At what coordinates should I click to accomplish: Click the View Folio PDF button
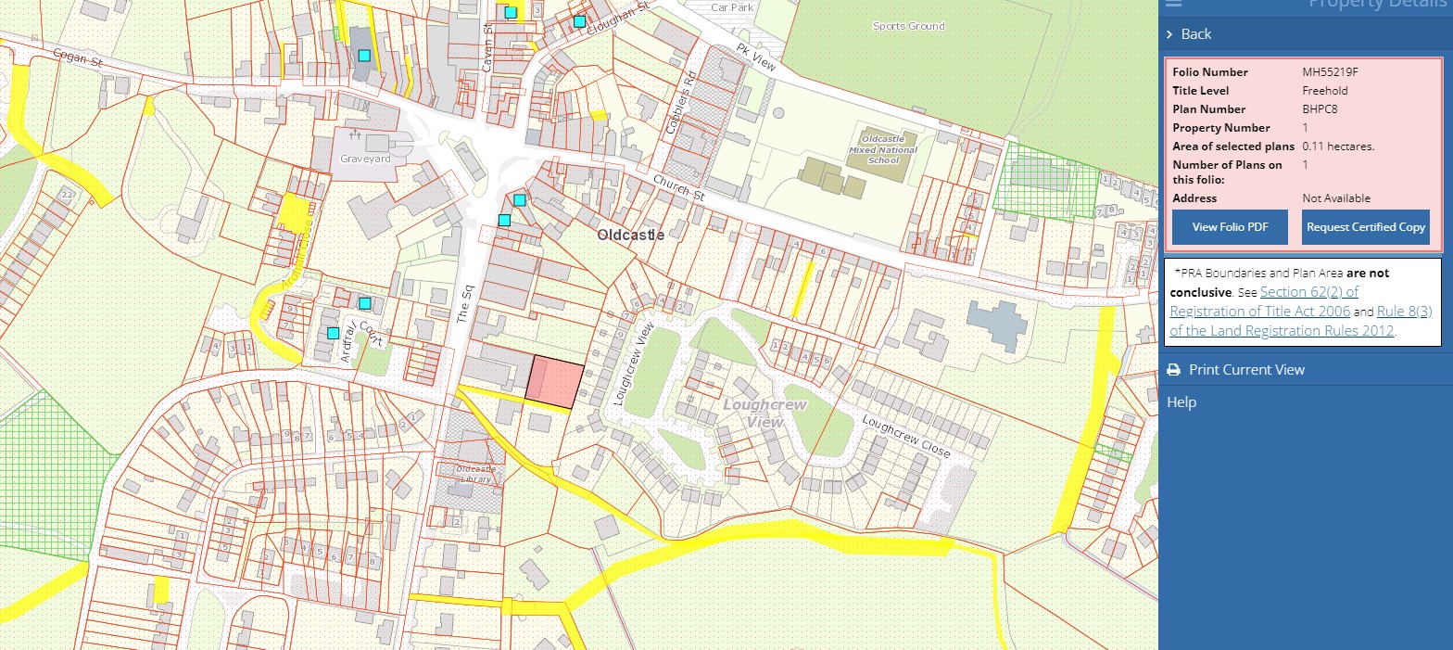pyautogui.click(x=1230, y=227)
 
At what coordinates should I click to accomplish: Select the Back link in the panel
pyautogui.click(x=1195, y=34)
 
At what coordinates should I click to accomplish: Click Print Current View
pyautogui.click(x=1245, y=370)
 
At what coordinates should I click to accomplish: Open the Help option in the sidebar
pyautogui.click(x=1181, y=402)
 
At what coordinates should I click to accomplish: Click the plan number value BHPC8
pyautogui.click(x=1320, y=109)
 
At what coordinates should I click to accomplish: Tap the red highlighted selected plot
pyautogui.click(x=555, y=381)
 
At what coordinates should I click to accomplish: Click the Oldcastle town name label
pyautogui.click(x=630, y=236)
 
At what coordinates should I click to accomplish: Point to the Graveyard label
pyautogui.click(x=365, y=159)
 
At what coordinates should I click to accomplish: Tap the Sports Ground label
pyautogui.click(x=908, y=27)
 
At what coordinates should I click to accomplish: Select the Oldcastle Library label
pyautogui.click(x=476, y=474)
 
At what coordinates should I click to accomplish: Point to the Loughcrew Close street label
pyautogui.click(x=905, y=435)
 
